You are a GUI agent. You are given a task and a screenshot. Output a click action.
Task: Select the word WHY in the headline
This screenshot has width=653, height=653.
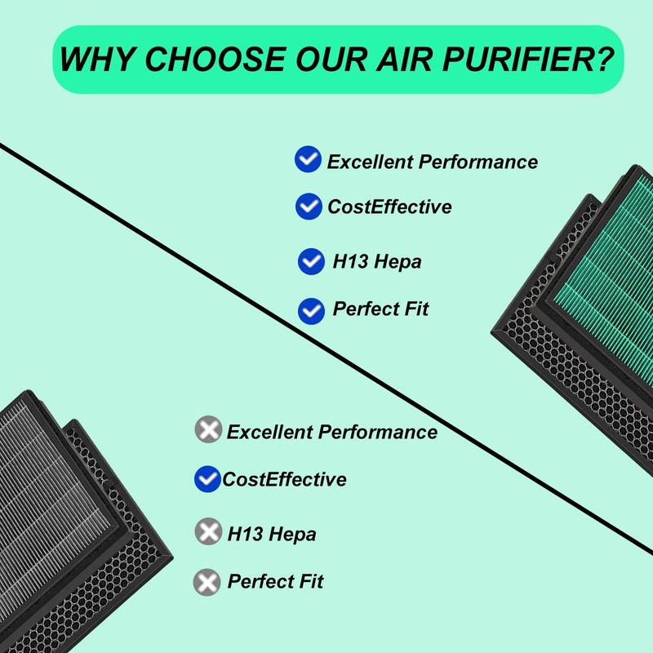[96, 60]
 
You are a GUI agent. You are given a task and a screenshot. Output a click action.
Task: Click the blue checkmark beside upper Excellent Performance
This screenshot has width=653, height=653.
[308, 160]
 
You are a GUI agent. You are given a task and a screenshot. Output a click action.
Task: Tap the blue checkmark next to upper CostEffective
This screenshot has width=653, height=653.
[308, 207]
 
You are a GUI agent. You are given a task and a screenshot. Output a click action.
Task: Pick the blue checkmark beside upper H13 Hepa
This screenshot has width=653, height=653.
[311, 261]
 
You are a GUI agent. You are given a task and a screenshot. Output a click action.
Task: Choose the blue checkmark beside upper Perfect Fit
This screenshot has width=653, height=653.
[311, 310]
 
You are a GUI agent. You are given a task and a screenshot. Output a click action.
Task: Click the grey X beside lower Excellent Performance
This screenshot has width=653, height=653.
[209, 429]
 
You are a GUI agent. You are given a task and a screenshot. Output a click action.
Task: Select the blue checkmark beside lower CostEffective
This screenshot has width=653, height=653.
[207, 479]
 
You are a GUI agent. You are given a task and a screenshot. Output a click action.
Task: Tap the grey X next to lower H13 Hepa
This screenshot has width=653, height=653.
[209, 532]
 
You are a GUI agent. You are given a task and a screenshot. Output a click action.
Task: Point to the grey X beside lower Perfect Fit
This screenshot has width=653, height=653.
[207, 582]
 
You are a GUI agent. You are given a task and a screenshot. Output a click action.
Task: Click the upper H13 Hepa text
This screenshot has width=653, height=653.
[376, 262]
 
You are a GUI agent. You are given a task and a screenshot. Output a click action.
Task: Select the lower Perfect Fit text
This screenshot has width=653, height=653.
[275, 582]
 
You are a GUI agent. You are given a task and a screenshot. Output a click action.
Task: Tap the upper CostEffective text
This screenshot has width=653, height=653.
[389, 207]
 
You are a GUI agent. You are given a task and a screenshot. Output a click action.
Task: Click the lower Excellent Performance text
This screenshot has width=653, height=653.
[331, 432]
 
